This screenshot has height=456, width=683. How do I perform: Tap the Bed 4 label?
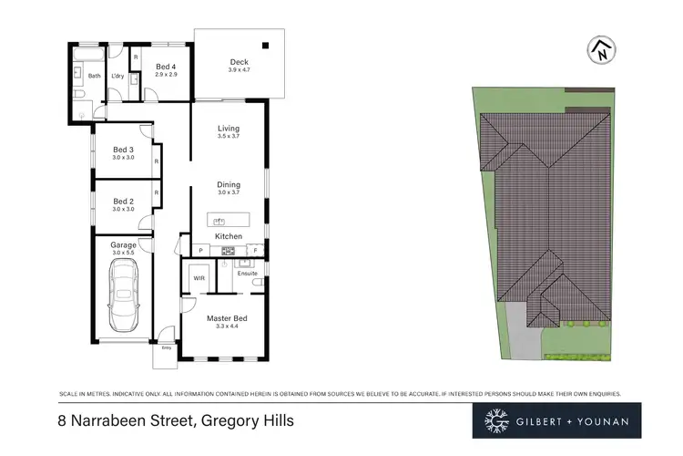pos(165,67)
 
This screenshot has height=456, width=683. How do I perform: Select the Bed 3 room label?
pos(123,150)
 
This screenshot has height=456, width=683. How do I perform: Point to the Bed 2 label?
pos(123,201)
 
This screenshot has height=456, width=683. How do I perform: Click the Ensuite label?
pos(247,272)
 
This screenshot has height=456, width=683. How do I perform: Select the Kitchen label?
pos(229,236)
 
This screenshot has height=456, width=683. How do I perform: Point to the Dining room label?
pos(229,184)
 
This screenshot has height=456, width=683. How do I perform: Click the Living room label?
pos(229,129)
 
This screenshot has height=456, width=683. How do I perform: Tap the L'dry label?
pos(117,76)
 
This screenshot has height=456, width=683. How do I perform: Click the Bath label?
pos(94,76)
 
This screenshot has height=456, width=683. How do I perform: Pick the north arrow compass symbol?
pos(602,51)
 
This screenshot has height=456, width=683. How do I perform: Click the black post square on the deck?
pos(266,44)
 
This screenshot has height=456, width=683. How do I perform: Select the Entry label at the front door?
pos(166,347)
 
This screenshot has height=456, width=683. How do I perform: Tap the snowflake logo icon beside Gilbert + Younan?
pos(496,420)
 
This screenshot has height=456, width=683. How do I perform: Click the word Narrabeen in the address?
pos(114,420)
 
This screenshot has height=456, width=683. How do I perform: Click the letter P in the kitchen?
pos(200,250)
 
